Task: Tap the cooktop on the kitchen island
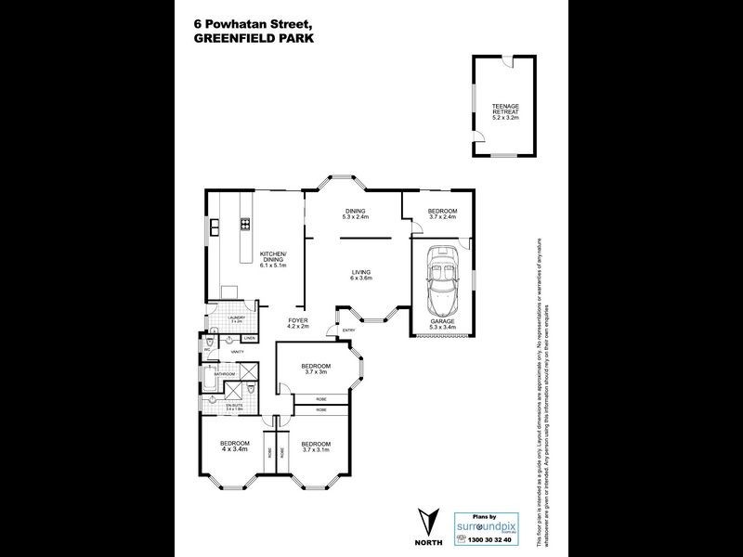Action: click(246, 223)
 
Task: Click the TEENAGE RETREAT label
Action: click(506, 110)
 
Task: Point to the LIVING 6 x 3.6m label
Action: click(360, 275)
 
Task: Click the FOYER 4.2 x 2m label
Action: click(297, 323)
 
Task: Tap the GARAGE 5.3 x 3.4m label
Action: click(442, 324)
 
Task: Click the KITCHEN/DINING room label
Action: click(273, 259)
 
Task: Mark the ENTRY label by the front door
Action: click(349, 330)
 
